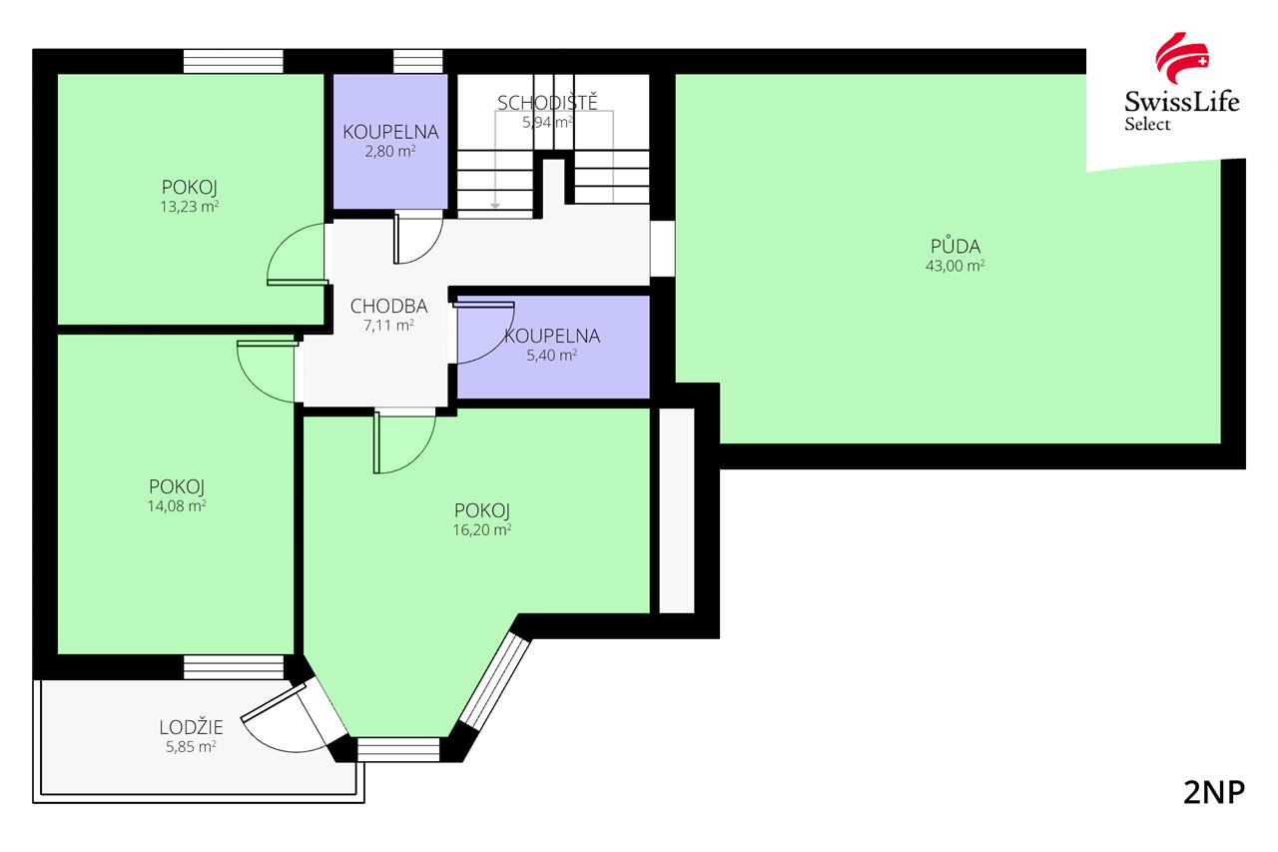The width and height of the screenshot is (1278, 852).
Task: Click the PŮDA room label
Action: coord(956,246)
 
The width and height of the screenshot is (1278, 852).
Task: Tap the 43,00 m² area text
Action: coord(956,266)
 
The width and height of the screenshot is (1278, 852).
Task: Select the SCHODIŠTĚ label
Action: coord(547,102)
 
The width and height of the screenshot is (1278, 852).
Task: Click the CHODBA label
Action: coord(388,306)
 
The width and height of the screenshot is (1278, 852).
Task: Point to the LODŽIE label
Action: coord(191,727)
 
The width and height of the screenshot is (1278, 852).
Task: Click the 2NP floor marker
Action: coord(1214,793)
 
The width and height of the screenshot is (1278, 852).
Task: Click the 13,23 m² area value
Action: coord(190,206)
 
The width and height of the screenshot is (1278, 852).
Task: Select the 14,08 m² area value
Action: coord(177,505)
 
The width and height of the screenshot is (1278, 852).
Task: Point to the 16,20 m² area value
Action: coord(481,529)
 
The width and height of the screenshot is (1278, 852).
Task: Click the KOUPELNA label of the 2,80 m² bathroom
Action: coord(390,132)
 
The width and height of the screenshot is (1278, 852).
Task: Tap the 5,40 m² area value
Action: coord(551,355)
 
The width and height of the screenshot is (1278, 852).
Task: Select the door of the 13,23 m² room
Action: coord(298,254)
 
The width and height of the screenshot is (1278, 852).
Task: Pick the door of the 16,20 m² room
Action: coord(404,441)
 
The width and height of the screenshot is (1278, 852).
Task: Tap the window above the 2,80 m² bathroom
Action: coord(417,61)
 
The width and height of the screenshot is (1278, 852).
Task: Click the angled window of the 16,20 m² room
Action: coord(494,682)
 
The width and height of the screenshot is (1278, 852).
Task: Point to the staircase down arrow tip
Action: coord(495,207)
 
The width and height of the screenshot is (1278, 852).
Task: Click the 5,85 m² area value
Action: coord(191,746)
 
